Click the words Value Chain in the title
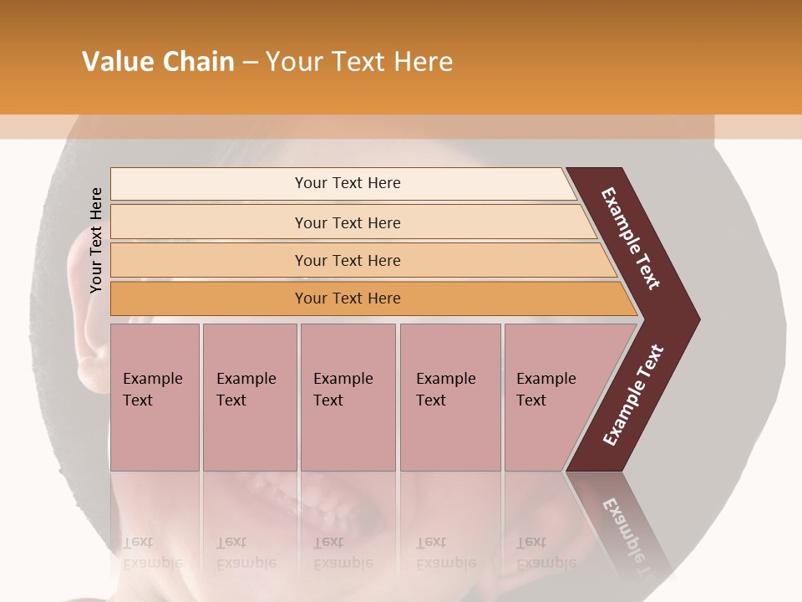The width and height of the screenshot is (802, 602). coord(158,62)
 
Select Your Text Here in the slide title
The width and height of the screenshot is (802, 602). coord(359,62)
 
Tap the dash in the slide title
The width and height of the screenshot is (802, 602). coord(250,63)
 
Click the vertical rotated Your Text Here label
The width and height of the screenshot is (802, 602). coord(96,241)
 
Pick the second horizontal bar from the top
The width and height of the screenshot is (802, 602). coord(347,222)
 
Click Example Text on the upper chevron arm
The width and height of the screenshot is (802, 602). coord(632,238)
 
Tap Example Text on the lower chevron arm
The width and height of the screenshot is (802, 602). coord(633,395)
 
